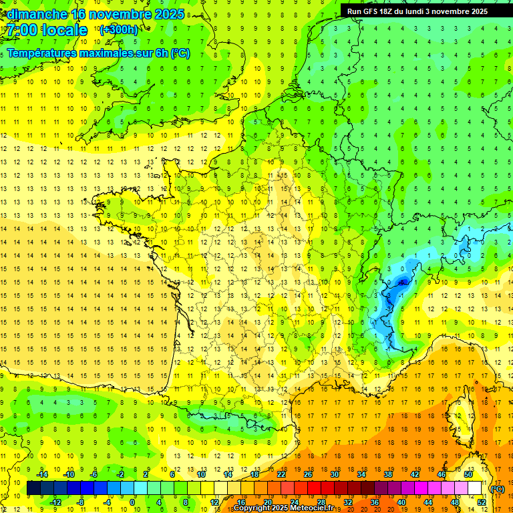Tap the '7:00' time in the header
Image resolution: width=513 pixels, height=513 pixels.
[x=20, y=30]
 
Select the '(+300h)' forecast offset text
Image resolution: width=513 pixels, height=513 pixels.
[x=118, y=30]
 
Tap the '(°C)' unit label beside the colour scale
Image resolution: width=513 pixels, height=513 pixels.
[x=498, y=490]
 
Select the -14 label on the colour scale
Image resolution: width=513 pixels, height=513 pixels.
[x=43, y=474]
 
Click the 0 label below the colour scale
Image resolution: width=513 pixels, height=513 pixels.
[x=132, y=502]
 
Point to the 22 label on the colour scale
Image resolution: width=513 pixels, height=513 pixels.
[x=281, y=474]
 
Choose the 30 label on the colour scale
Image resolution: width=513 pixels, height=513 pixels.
[x=334, y=474]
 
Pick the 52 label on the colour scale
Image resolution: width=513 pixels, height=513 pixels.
[x=482, y=502]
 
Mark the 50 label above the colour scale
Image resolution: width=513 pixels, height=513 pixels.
[x=468, y=474]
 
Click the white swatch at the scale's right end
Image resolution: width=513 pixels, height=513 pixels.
[x=475, y=488]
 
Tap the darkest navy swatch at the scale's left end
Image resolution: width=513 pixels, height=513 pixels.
[x=33, y=488]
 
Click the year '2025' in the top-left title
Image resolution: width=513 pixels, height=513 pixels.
[x=168, y=14]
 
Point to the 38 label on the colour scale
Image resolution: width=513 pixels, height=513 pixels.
[x=387, y=474]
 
